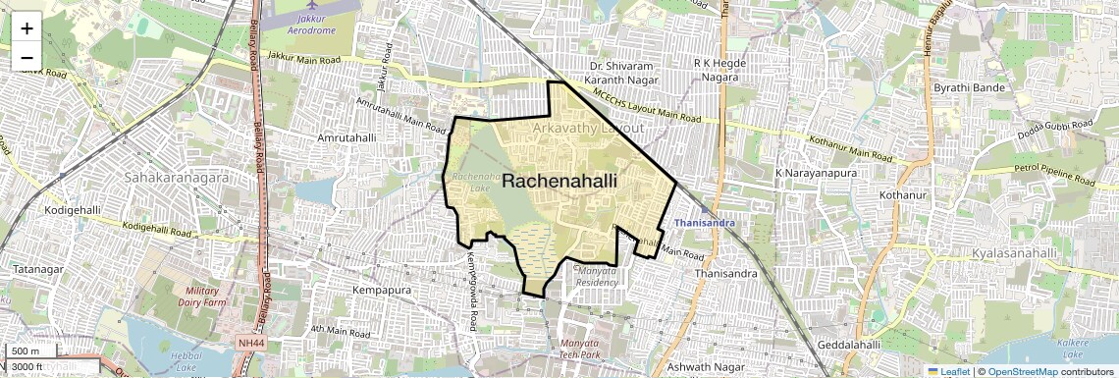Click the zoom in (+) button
click(27, 27)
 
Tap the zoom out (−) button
click(27, 58)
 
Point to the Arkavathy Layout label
click(588, 129)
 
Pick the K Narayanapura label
click(817, 173)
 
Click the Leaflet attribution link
click(948, 371)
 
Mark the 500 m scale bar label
click(25, 351)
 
